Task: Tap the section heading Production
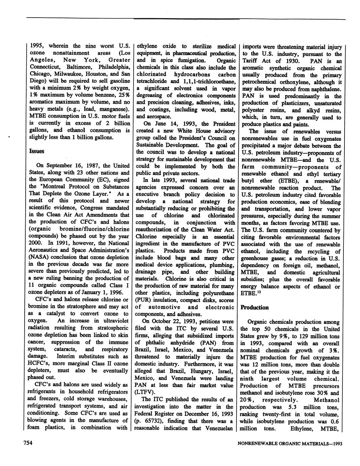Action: point(254,307)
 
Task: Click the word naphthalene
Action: point(325,89)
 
